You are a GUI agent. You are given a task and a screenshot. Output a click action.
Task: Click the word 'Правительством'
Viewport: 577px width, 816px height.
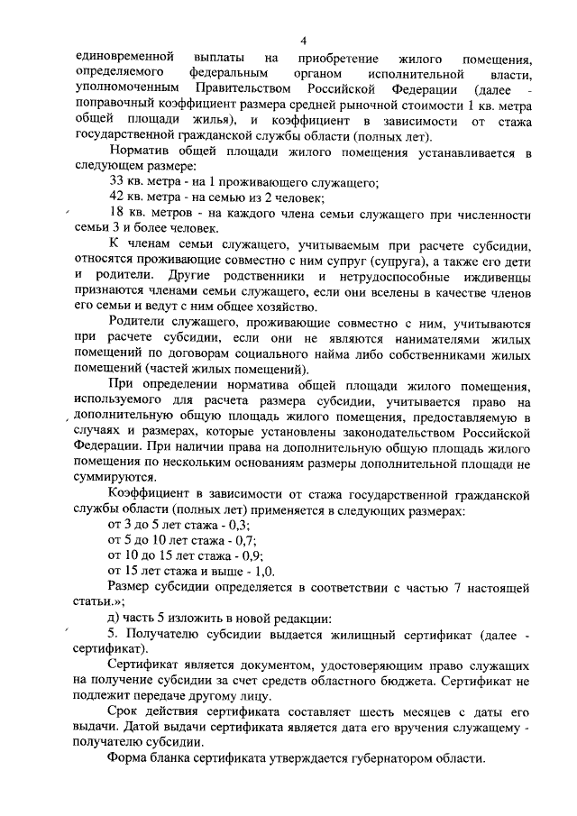click(x=237, y=88)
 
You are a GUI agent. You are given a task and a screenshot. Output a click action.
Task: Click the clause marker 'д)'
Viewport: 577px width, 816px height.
click(x=114, y=618)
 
